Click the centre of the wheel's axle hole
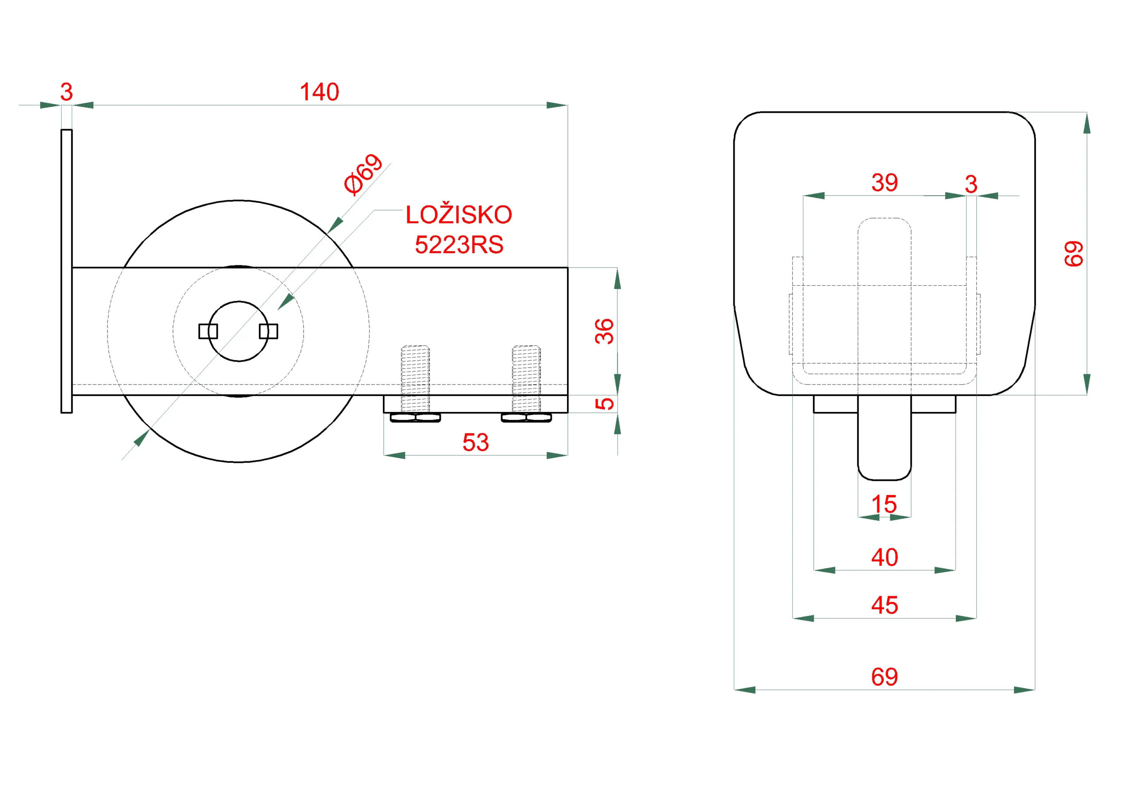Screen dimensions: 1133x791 pos(239,331)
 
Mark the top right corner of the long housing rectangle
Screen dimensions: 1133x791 pos(567,268)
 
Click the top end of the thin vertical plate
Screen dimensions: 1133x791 pos(67,130)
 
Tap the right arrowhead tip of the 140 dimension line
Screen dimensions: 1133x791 pos(567,105)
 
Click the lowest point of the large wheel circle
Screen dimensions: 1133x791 pos(239,462)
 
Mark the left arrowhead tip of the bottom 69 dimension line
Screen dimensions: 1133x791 pos(735,690)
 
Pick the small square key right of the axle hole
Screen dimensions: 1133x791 pos(269,331)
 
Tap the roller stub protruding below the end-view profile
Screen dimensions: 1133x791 pos(884,438)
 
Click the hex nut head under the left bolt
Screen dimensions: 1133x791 pos(416,418)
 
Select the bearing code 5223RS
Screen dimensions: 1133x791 pos(459,245)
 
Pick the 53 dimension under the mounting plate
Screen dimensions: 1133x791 pos(475,442)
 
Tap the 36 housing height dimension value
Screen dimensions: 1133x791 pos(605,331)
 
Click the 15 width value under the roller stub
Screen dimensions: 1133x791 pos(884,504)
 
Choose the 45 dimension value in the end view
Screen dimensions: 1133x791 pos(884,605)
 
